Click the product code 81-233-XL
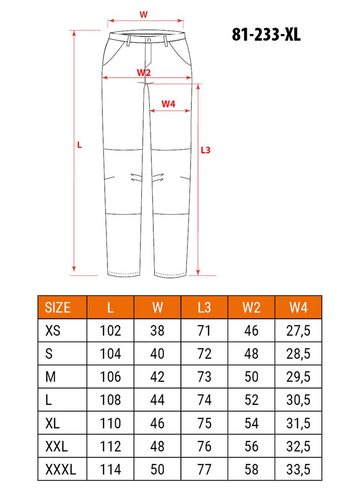point(266,35)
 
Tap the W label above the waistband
point(143,14)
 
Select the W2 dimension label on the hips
point(144,72)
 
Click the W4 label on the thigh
point(169,104)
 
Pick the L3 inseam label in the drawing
point(206,150)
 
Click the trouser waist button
point(149,40)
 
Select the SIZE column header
point(58,307)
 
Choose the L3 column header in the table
point(204,307)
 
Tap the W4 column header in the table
point(298,307)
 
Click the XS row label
point(53,330)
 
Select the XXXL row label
point(61,469)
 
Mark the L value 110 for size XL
point(110,423)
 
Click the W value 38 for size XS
point(157,330)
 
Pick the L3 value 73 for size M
point(204,377)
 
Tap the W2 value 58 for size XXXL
point(251,469)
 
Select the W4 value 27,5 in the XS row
point(298,330)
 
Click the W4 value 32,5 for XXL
point(298,446)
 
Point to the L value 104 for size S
point(110,354)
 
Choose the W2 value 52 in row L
point(251,400)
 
